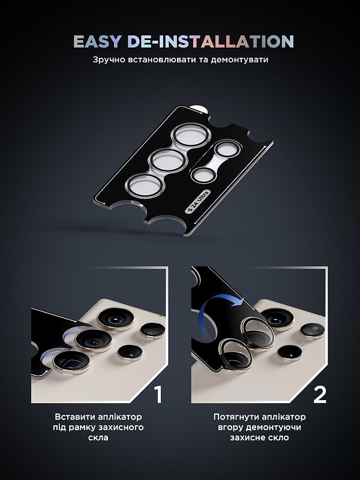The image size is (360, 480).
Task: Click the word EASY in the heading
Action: pyautogui.click(x=97, y=41)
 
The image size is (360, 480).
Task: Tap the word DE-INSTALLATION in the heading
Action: pyautogui.click(x=211, y=41)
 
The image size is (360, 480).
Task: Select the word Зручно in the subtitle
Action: pyautogui.click(x=109, y=61)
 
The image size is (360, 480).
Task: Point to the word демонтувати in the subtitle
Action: pyautogui.click(x=238, y=61)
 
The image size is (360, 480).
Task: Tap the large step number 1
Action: pyautogui.click(x=158, y=394)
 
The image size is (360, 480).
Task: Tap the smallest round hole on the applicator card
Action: pyautogui.click(x=203, y=175)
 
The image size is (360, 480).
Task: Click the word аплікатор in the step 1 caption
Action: pyautogui.click(x=120, y=416)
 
